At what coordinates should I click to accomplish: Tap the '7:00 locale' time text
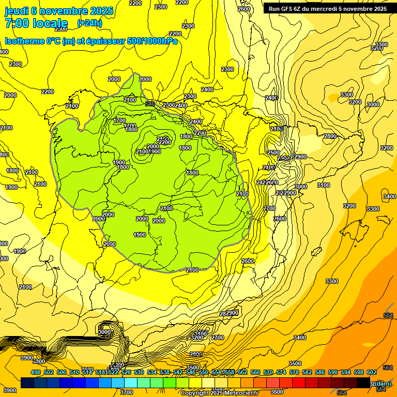point(36,23)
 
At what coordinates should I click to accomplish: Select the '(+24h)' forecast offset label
point(89,23)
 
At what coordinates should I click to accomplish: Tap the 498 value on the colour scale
point(36,373)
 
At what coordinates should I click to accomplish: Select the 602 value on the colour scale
point(372,373)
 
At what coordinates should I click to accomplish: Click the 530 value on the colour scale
point(139,373)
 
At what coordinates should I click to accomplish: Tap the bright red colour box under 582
point(298,383)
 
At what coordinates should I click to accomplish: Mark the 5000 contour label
point(104,332)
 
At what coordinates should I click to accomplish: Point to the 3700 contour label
point(127,392)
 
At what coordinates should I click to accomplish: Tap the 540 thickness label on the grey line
point(150,104)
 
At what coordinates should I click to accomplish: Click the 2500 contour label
point(273,153)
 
